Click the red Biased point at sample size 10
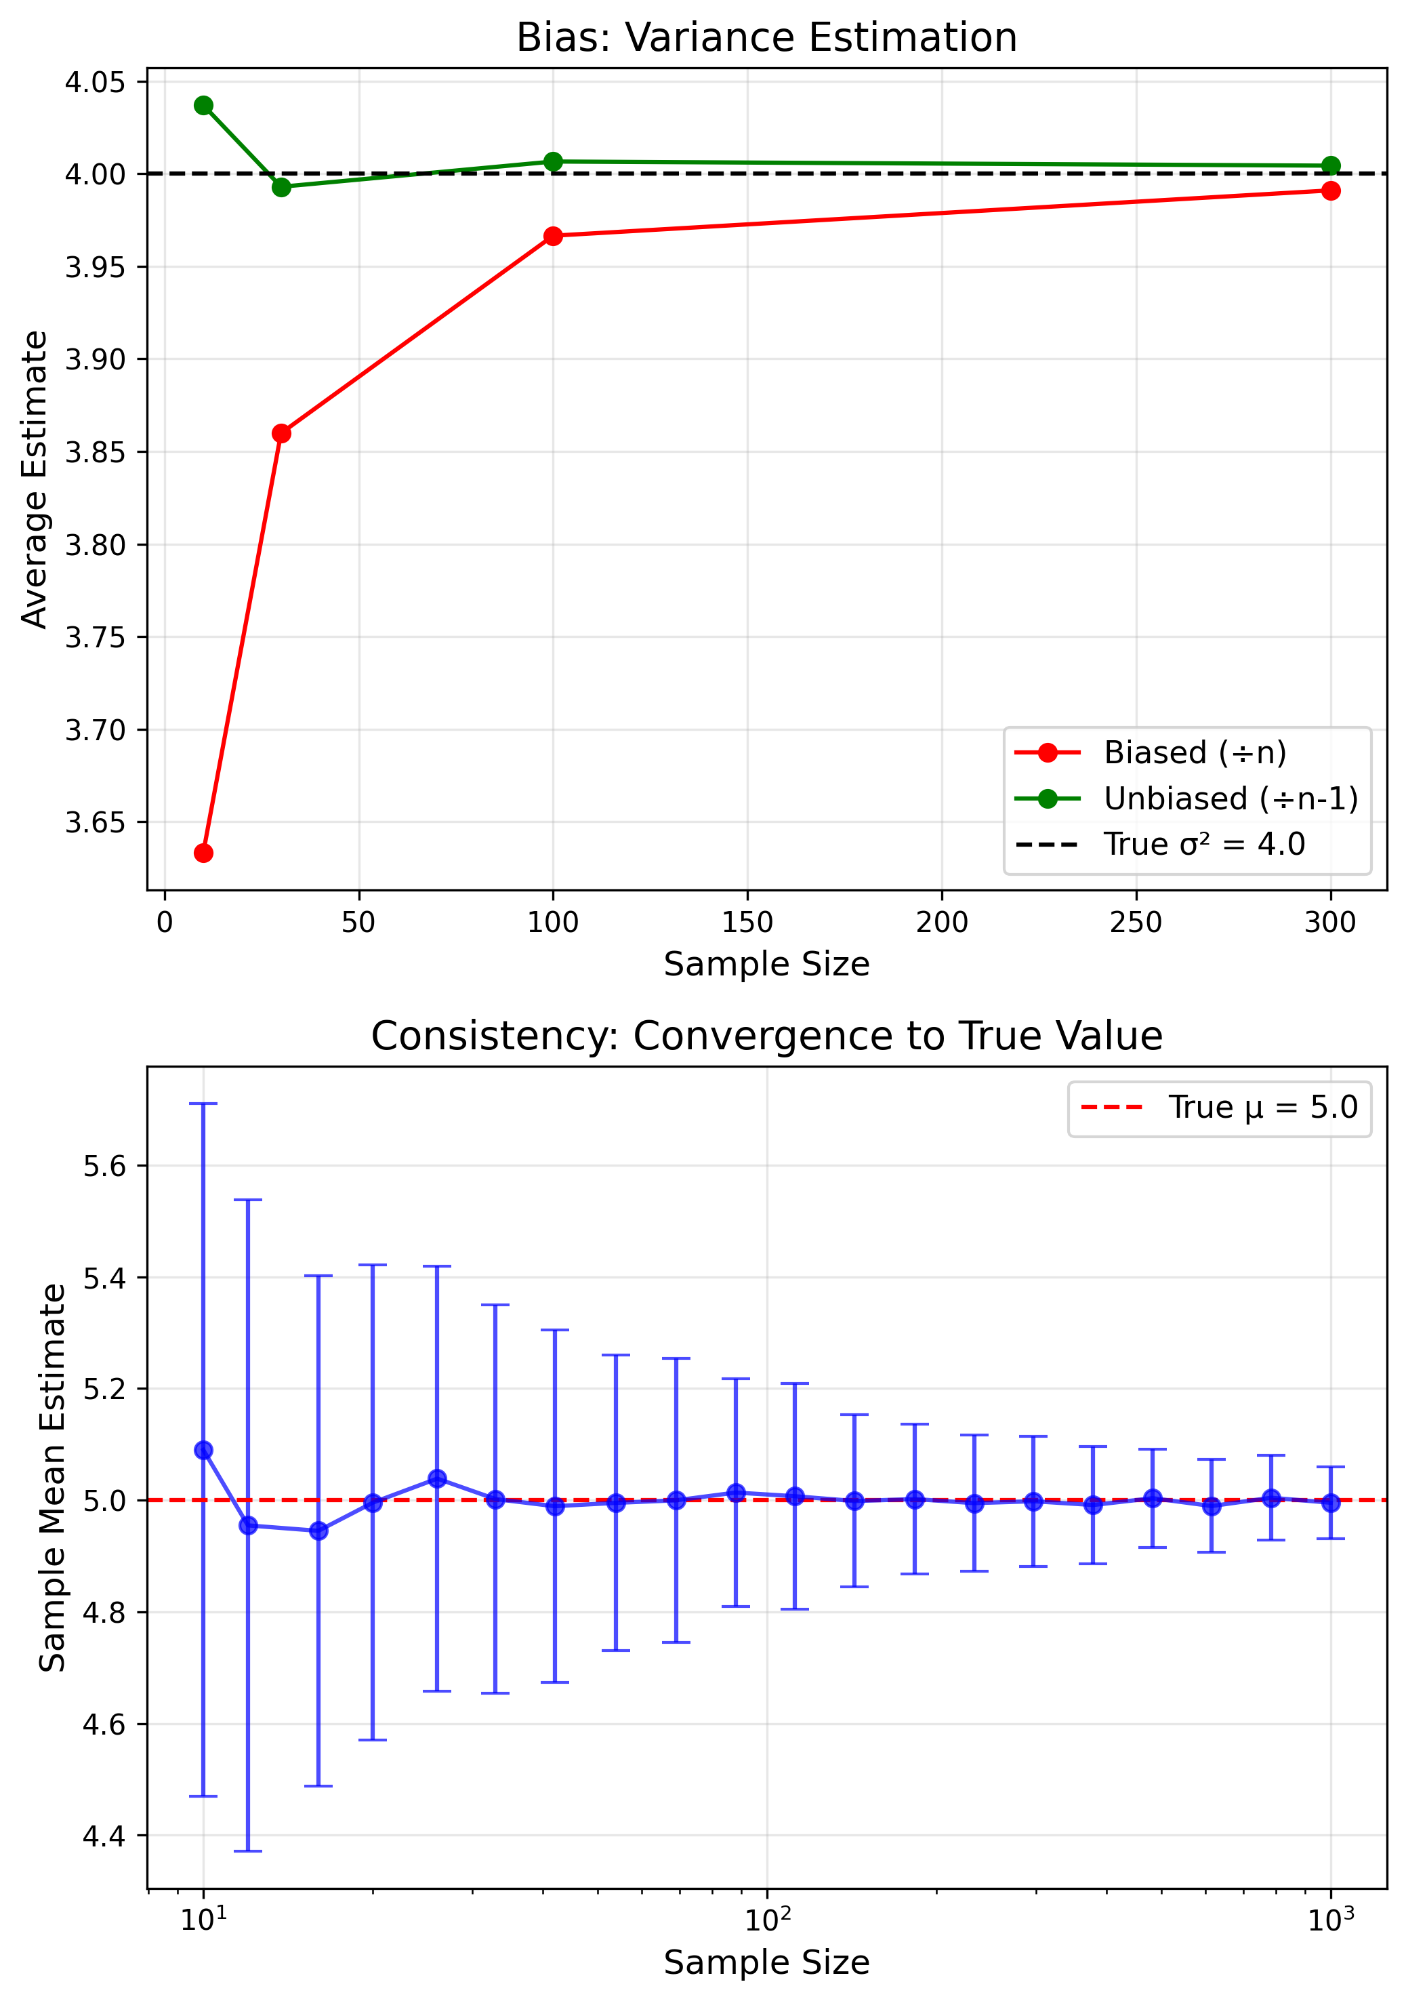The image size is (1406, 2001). pyautogui.click(x=203, y=852)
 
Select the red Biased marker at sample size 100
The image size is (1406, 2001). pyautogui.click(x=552, y=236)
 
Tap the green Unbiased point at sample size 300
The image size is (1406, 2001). pyautogui.click(x=1330, y=165)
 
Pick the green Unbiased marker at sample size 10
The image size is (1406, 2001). pyautogui.click(x=203, y=106)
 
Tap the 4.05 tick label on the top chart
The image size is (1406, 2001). pyautogui.click(x=95, y=83)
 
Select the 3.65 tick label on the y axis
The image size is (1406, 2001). pyautogui.click(x=95, y=823)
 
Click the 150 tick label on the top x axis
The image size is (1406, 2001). pyautogui.click(x=747, y=922)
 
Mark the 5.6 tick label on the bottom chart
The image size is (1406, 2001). pyautogui.click(x=104, y=1166)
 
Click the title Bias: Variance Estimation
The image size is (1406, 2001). pyautogui.click(x=766, y=37)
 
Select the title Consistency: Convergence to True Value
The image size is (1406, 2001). pyautogui.click(x=766, y=1036)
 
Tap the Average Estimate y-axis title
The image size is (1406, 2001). pyautogui.click(x=35, y=479)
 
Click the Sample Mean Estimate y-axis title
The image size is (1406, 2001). pyautogui.click(x=52, y=1477)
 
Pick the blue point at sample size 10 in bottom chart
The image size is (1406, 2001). pyautogui.click(x=203, y=1450)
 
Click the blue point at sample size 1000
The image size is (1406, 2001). pyautogui.click(x=1330, y=1503)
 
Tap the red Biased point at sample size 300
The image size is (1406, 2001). pyautogui.click(x=1330, y=191)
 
